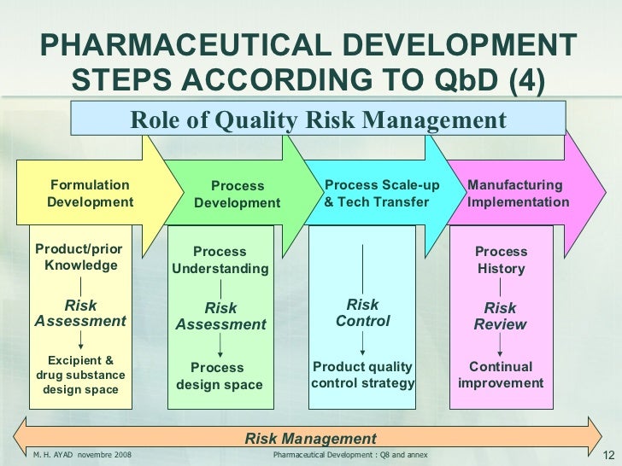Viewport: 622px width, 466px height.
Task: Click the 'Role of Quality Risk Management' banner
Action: coord(318,120)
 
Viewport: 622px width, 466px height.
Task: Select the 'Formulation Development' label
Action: coord(90,194)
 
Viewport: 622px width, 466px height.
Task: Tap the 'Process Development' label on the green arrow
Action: coord(237,195)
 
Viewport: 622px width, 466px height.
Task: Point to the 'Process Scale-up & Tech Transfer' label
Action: coord(382,194)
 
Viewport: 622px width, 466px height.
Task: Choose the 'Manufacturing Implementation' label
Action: coord(518,194)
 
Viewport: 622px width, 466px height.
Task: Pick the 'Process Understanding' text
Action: coord(220,260)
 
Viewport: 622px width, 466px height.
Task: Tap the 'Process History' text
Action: coord(501,260)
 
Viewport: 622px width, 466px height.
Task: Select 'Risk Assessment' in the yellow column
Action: coord(80,313)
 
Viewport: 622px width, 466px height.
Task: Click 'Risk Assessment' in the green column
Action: coord(220,316)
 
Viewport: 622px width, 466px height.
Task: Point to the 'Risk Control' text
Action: coord(362,313)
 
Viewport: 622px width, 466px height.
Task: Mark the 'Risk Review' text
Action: coord(501,316)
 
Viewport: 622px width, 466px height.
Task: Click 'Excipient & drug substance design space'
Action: coord(80,376)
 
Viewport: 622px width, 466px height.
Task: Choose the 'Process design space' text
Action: coord(219,376)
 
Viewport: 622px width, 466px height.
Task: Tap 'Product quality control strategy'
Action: coord(362,376)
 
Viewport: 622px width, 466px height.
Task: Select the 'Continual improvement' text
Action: coord(501,376)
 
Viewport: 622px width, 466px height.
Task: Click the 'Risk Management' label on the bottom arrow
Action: coord(310,439)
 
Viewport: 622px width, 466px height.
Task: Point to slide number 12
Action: coord(610,455)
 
